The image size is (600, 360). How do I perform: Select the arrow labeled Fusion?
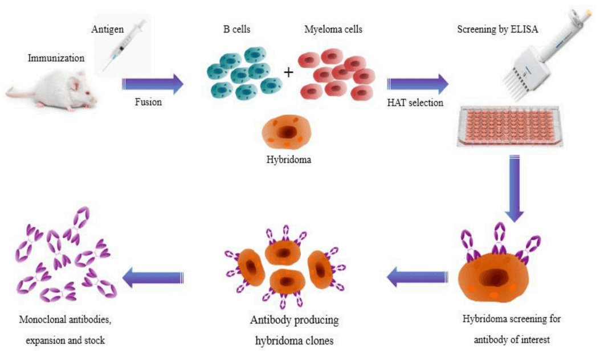153,84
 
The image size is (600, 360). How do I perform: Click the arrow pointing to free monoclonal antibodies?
153,277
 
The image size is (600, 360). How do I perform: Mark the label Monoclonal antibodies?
65,320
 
